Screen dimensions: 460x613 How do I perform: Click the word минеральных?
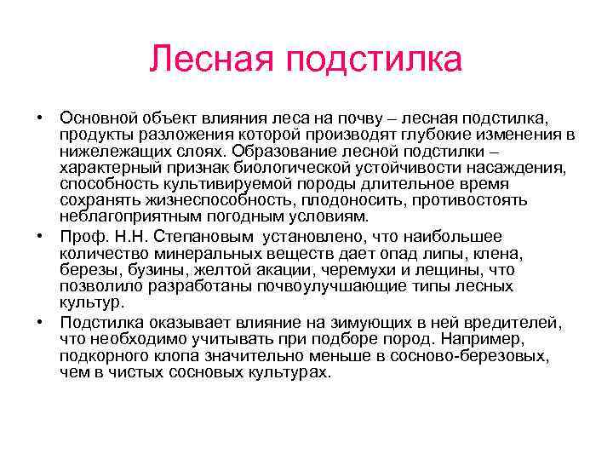[195, 253]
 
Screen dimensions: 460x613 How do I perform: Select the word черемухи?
[367, 270]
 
